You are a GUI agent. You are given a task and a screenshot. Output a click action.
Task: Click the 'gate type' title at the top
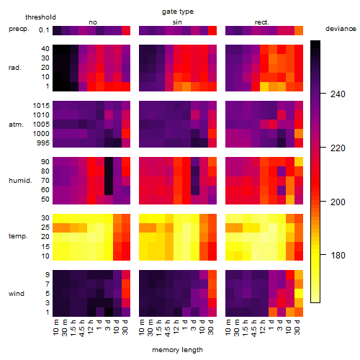[178, 12]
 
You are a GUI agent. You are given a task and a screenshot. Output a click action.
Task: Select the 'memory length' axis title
[177, 350]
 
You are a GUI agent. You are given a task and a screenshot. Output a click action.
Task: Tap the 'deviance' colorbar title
[341, 29]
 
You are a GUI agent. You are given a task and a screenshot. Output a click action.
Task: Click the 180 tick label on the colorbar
[338, 256]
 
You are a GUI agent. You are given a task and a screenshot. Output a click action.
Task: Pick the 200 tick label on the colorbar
[338, 202]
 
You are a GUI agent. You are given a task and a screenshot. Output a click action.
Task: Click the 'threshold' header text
[40, 17]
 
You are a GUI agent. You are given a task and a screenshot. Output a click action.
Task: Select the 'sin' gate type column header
[177, 22]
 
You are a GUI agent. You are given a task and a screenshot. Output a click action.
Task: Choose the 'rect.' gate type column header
[261, 22]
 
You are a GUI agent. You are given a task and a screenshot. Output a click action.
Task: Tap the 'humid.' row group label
[20, 180]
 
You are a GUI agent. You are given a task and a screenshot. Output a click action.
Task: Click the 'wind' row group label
[17, 294]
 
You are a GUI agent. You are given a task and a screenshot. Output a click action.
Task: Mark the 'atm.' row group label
[16, 125]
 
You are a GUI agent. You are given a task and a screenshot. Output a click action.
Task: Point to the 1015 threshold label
[41, 105]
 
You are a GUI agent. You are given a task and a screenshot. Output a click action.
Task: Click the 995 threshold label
[43, 143]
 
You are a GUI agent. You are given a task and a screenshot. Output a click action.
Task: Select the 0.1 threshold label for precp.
[44, 30]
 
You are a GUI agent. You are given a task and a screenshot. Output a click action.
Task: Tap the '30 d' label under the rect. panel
[297, 327]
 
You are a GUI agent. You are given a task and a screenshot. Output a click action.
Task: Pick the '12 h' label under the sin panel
[176, 327]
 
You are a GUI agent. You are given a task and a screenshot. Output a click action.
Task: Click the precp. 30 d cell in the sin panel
[212, 30]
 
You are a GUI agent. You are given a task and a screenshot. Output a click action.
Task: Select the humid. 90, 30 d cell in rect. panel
[299, 161]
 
